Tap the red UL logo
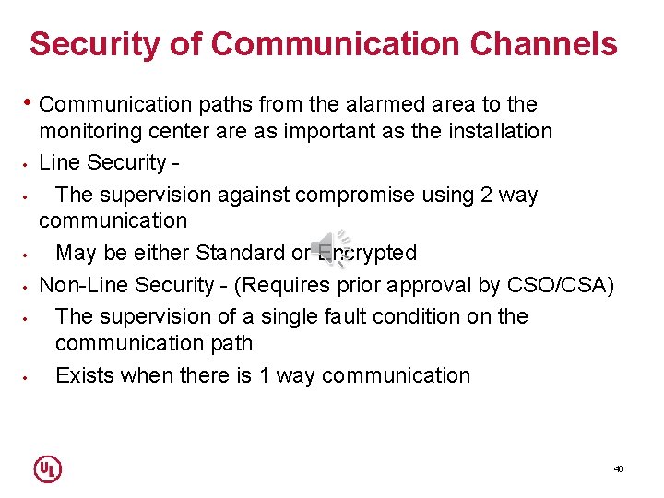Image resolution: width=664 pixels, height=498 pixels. [x=47, y=468]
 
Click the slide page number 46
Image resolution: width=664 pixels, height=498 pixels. [x=619, y=468]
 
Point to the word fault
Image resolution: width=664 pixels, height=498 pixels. [x=372, y=316]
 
